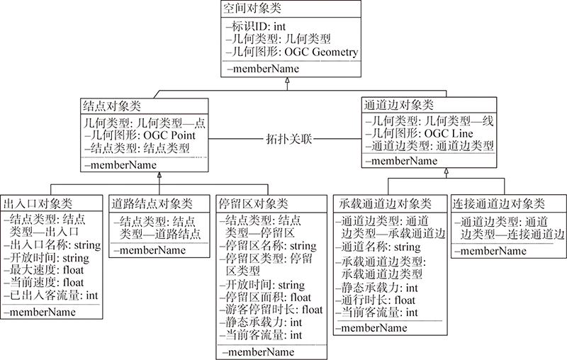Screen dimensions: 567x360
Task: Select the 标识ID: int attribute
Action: [256, 26]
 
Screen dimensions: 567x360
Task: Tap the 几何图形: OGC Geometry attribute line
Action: [292, 52]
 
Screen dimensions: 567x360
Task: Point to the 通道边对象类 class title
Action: [398, 105]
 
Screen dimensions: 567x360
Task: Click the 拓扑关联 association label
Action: [288, 139]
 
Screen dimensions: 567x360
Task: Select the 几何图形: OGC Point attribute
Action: [140, 135]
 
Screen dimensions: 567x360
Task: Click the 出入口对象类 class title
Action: [38, 203]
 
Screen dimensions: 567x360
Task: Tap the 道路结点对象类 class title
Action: [152, 204]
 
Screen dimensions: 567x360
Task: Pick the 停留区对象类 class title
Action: [253, 204]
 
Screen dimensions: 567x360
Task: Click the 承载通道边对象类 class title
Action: [386, 204]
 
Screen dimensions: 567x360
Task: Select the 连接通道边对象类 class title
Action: [499, 204]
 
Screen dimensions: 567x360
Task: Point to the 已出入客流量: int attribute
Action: [51, 296]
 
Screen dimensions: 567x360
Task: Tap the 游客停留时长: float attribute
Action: [271, 310]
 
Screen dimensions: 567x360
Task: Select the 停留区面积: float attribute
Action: [265, 298]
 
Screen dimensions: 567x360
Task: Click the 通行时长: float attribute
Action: [376, 300]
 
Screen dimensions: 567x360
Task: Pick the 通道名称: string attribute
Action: [378, 247]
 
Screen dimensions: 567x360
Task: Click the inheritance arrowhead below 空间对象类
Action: [288, 80]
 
